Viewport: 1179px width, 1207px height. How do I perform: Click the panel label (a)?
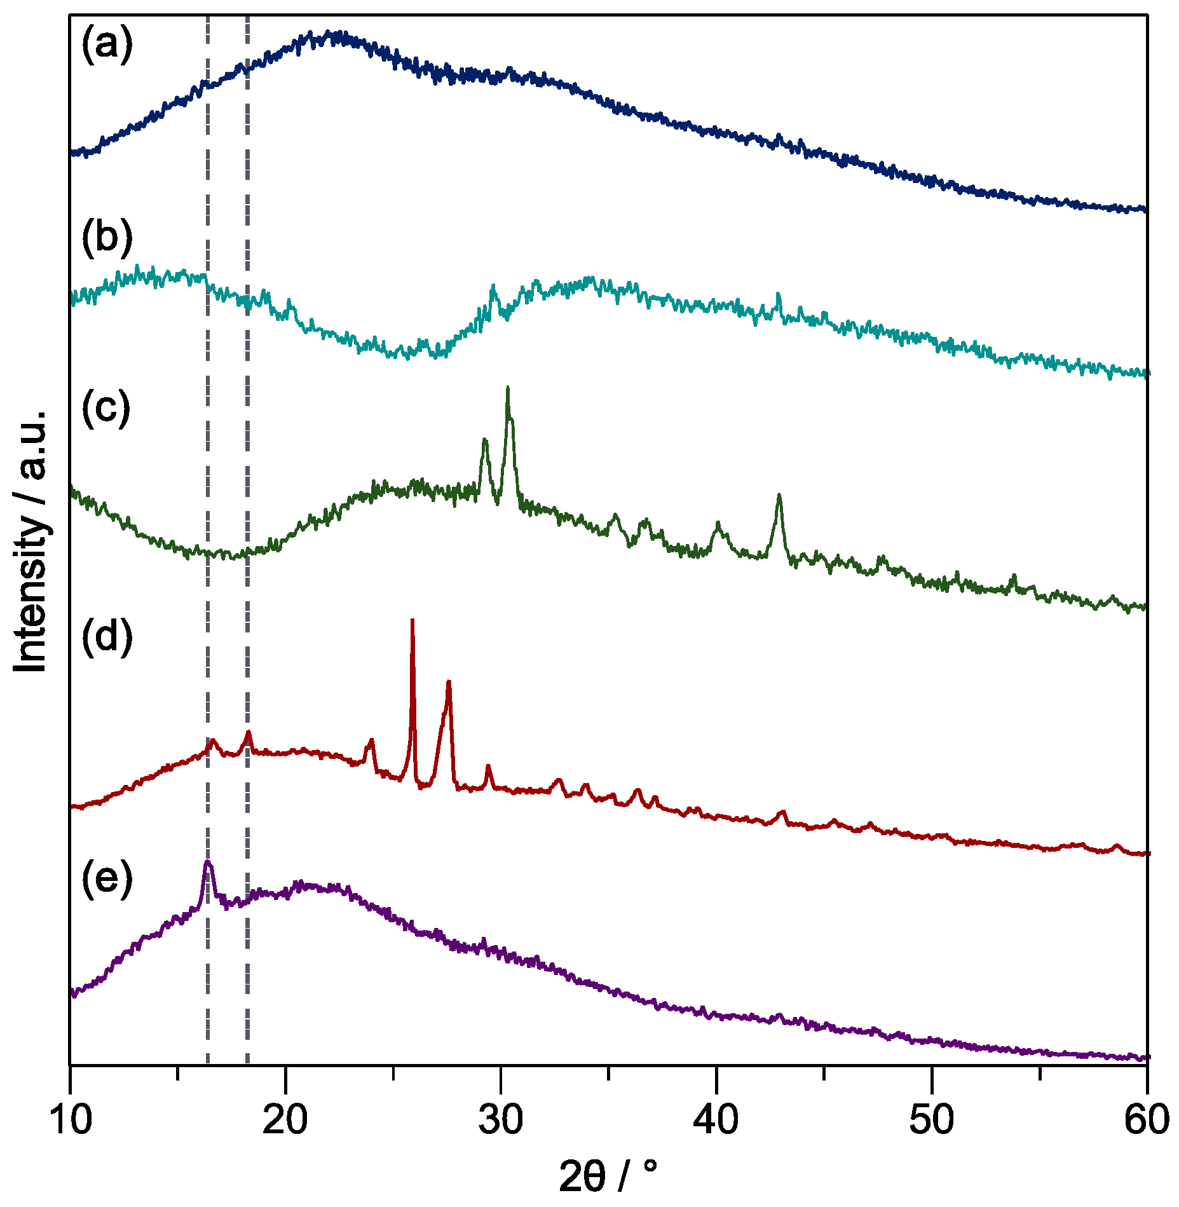pos(107,45)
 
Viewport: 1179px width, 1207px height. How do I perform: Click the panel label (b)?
pos(107,238)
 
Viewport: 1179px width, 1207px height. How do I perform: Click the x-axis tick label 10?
pos(71,1120)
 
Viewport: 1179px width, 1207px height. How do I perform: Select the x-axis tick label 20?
pos(285,1120)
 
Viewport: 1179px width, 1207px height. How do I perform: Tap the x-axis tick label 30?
pos(501,1120)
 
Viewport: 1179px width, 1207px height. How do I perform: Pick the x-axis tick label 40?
pos(716,1120)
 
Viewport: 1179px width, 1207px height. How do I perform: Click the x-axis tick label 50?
pos(932,1120)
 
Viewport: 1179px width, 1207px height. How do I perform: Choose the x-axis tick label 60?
pos(1147,1120)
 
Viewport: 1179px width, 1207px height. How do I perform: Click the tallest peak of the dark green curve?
pos(507,388)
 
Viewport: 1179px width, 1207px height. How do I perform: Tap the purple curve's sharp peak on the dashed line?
pos(207,863)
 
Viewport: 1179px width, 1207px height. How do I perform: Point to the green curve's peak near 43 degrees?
pos(779,495)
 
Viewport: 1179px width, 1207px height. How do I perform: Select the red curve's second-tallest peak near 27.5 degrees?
pos(449,683)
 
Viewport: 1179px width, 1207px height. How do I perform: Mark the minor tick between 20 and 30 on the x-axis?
pos(393,1073)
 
